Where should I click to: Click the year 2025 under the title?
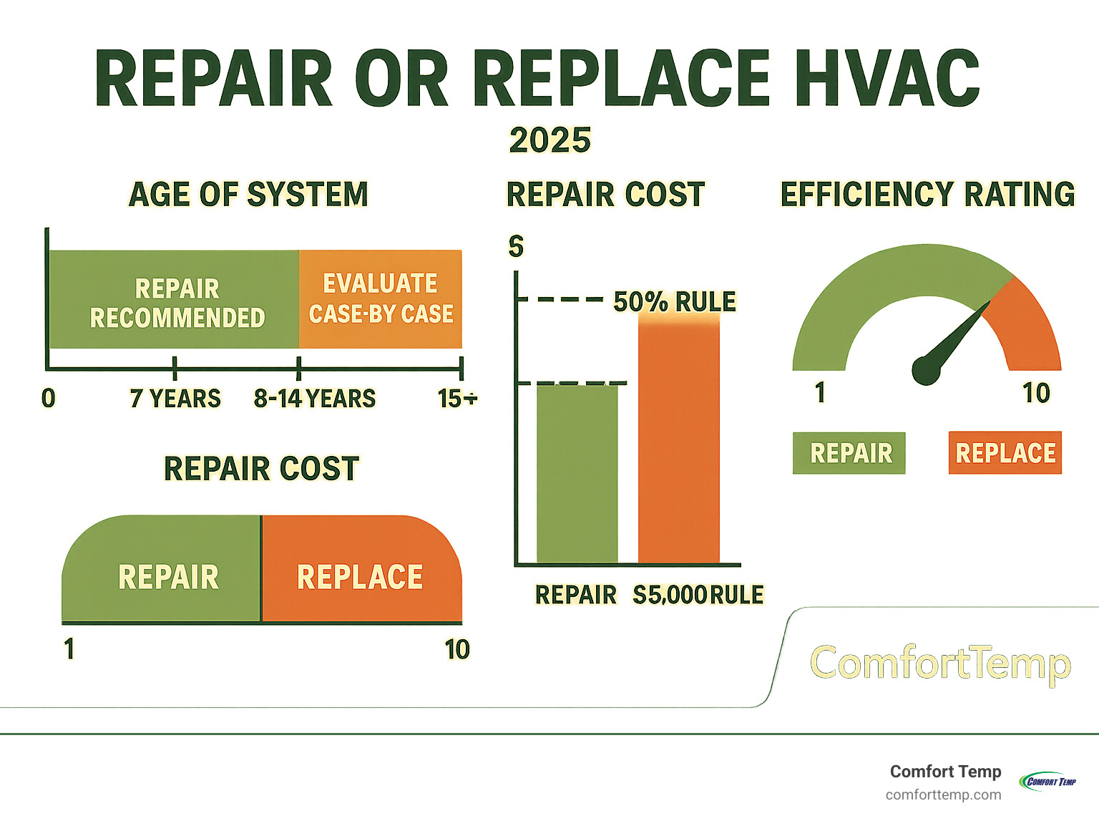pyautogui.click(x=550, y=140)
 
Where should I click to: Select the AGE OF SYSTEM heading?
pyautogui.click(x=248, y=195)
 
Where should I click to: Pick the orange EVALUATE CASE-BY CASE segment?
pyautogui.click(x=381, y=298)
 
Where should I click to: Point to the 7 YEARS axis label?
pyautogui.click(x=175, y=398)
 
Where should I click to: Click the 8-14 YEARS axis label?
pyautogui.click(x=315, y=398)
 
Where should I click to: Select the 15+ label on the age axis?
pyautogui.click(x=456, y=398)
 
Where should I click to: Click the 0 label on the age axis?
pyautogui.click(x=48, y=398)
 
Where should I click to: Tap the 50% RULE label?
pyautogui.click(x=674, y=302)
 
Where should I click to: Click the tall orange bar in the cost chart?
pyautogui.click(x=678, y=440)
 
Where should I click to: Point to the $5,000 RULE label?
pyautogui.click(x=698, y=595)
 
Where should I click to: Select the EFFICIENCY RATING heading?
pyautogui.click(x=927, y=195)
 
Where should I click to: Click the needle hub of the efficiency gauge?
pyautogui.click(x=926, y=370)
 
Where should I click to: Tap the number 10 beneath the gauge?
pyautogui.click(x=1035, y=393)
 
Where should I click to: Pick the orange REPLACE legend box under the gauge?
pyautogui.click(x=1005, y=453)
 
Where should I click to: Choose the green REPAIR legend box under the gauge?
pyautogui.click(x=849, y=453)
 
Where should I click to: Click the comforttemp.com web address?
pyautogui.click(x=943, y=795)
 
